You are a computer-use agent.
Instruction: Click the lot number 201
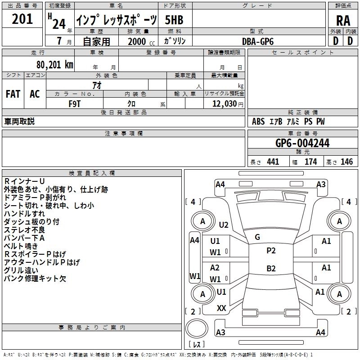(x=22, y=19)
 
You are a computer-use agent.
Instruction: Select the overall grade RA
(x=343, y=21)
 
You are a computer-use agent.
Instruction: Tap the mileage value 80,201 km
(x=55, y=65)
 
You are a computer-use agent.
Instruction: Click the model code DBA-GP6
(x=258, y=41)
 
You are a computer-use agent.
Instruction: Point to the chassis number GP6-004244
(x=302, y=143)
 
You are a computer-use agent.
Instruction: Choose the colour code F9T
(x=75, y=104)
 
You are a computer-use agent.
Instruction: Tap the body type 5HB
(x=174, y=20)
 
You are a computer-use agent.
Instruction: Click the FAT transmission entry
(x=13, y=94)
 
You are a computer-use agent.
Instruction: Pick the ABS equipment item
(x=258, y=121)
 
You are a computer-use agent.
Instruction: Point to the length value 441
(x=273, y=162)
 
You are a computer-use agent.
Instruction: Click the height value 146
(x=346, y=162)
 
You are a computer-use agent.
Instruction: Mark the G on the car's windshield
(x=257, y=237)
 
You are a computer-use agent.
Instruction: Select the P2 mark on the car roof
(x=271, y=251)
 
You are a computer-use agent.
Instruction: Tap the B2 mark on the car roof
(x=271, y=268)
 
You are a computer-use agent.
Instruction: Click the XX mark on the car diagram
(x=221, y=308)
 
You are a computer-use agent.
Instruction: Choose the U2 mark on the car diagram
(x=224, y=225)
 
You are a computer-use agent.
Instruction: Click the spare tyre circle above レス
(x=197, y=328)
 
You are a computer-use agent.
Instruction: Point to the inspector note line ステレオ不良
(x=24, y=230)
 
